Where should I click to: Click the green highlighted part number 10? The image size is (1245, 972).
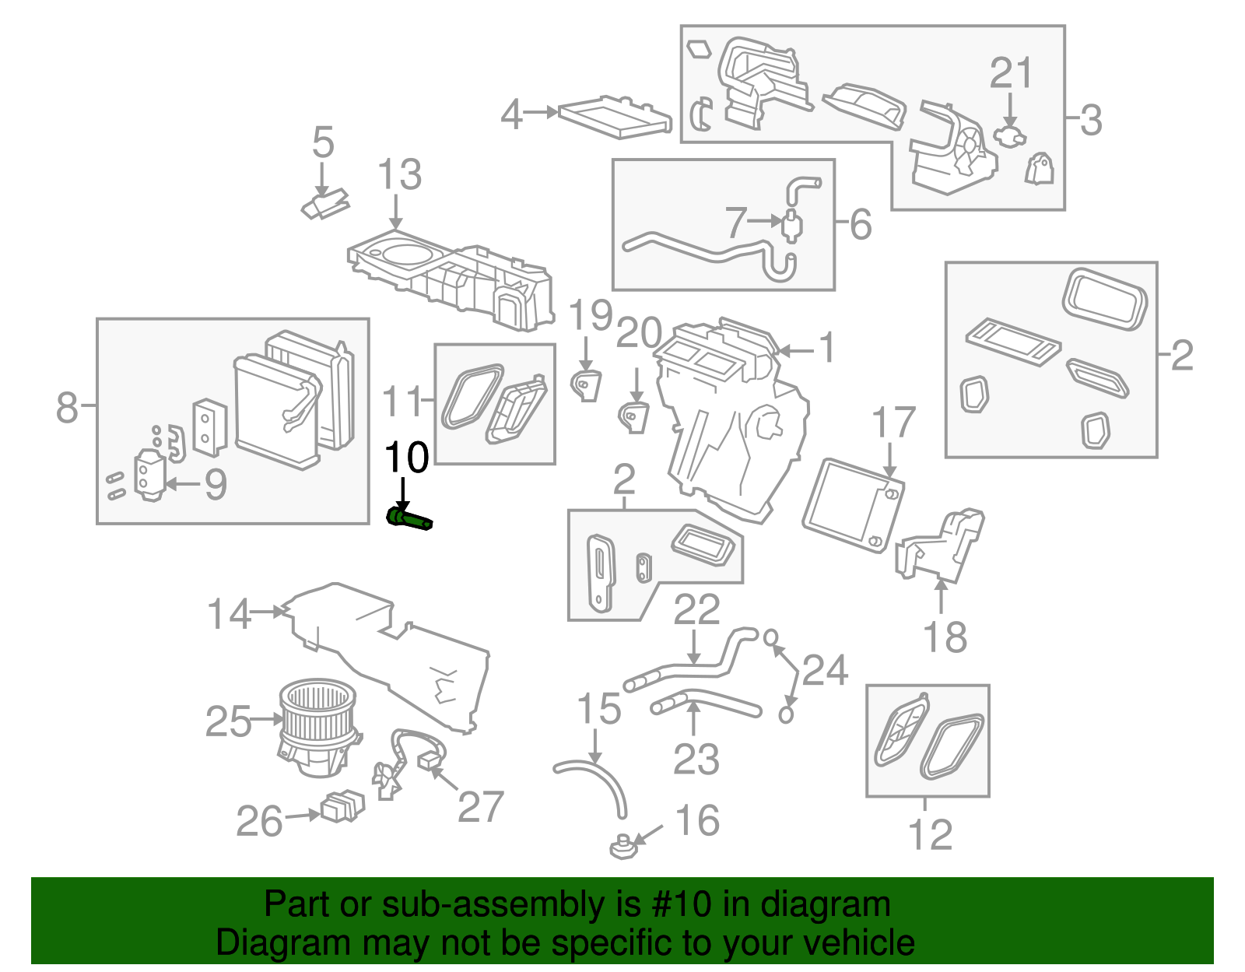409,519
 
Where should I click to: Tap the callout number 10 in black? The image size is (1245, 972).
406,458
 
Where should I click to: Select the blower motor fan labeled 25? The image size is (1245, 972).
317,725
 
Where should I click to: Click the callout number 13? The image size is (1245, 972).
399,174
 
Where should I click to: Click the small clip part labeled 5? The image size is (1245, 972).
325,205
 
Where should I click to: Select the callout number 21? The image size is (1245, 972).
1010,73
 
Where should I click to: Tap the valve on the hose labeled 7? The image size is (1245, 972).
791,224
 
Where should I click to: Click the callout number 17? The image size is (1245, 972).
893,423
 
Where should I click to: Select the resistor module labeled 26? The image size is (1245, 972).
342,806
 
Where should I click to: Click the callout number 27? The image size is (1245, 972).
480,806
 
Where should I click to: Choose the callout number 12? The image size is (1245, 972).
929,835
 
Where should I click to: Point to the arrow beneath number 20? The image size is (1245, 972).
637,385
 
